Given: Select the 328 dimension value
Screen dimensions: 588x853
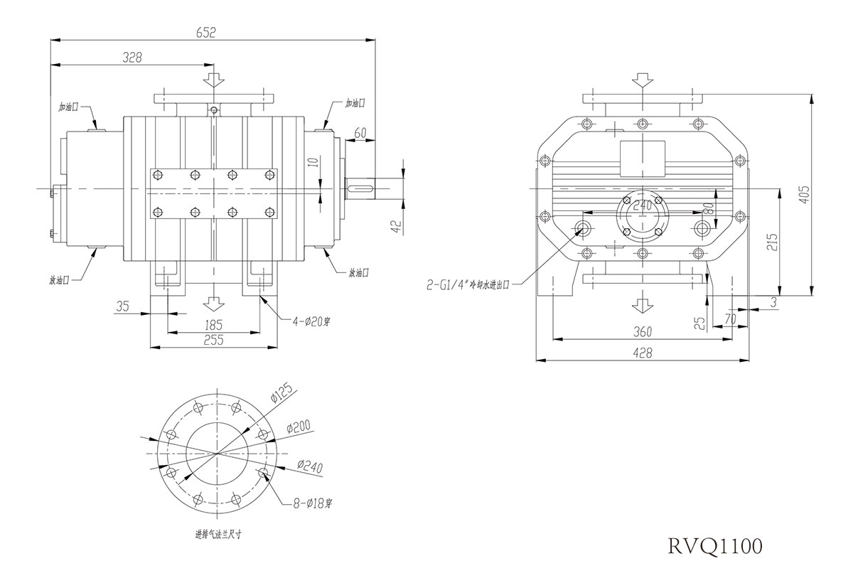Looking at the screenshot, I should (x=132, y=57).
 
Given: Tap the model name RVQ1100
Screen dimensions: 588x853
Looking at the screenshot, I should (x=715, y=546).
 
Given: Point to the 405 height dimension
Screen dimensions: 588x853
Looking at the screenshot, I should (x=805, y=195).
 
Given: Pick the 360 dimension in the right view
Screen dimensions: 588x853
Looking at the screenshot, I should (x=643, y=332).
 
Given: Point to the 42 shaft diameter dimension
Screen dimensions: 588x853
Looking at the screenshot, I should (x=396, y=225).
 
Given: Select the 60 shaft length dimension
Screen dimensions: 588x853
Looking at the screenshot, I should (x=360, y=132).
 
